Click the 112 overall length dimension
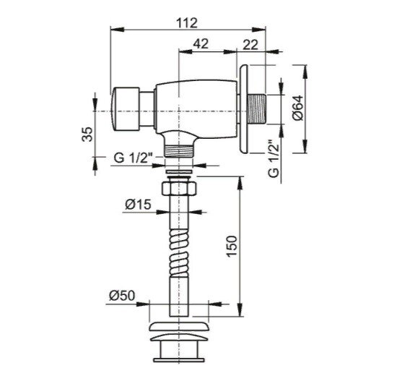pos(187,23)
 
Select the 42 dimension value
pos(201,44)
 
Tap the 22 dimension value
pos(250,46)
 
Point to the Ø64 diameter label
pos(297,108)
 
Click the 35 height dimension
pos(87,134)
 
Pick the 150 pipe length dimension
pos(232,247)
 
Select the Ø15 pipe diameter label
pos(138,205)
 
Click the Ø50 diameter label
pos(122,296)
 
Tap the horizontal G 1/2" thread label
pos(134,158)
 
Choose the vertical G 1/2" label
pos(274,158)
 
